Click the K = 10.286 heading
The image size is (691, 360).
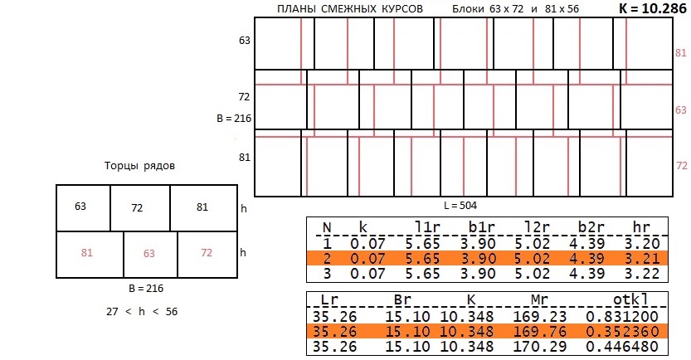(653, 9)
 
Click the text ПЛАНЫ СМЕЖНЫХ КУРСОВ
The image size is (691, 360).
(350, 9)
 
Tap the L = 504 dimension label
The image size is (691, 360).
(460, 206)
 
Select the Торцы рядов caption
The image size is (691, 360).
(139, 166)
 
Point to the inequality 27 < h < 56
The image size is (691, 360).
(142, 312)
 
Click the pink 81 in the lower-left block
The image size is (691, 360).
(87, 253)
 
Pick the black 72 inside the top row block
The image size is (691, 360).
(137, 208)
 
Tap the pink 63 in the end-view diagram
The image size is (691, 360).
(149, 254)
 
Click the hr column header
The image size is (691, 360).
(641, 227)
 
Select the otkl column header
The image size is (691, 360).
(630, 299)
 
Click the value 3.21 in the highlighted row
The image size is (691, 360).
(642, 258)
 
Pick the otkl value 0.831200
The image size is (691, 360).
(622, 316)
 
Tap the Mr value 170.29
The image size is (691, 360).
(540, 347)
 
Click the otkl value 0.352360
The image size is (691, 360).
(622, 331)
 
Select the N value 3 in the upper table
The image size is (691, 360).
(327, 274)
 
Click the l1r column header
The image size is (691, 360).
(426, 227)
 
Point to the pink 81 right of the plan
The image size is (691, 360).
(681, 53)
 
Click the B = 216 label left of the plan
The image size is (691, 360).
(234, 119)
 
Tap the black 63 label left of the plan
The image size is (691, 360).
(245, 41)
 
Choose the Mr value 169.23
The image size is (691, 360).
(540, 316)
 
